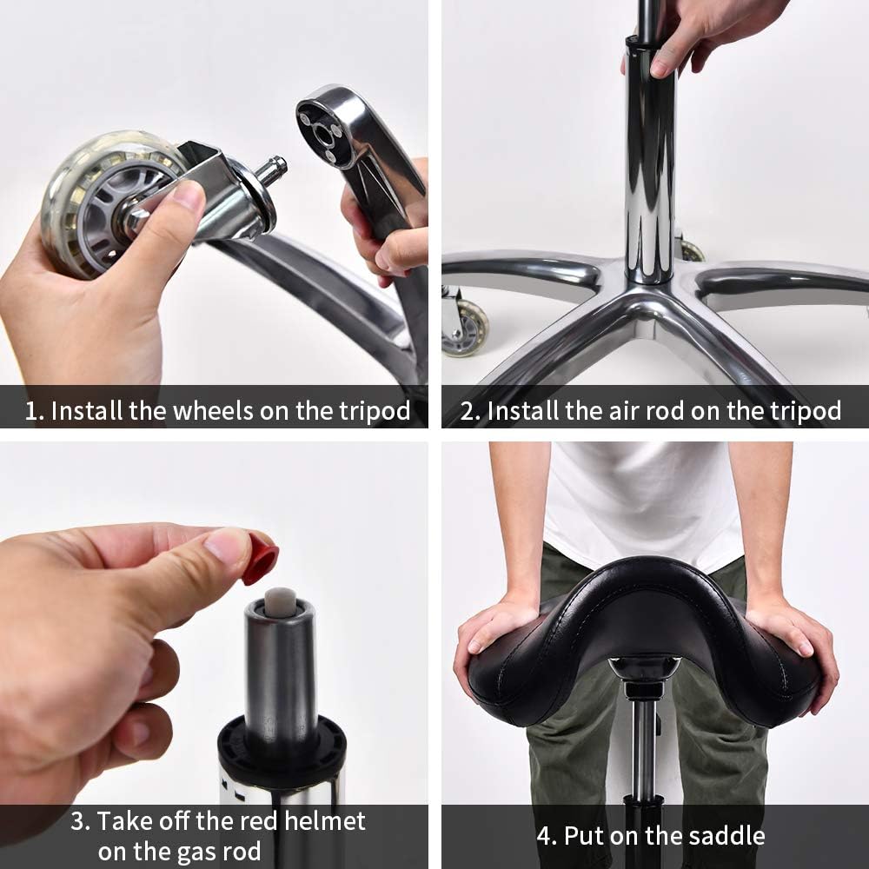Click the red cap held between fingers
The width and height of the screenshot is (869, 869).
260,560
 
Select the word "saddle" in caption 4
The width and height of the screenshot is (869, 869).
722,836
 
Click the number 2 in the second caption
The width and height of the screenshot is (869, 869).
469,410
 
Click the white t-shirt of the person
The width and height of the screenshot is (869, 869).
643,495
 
